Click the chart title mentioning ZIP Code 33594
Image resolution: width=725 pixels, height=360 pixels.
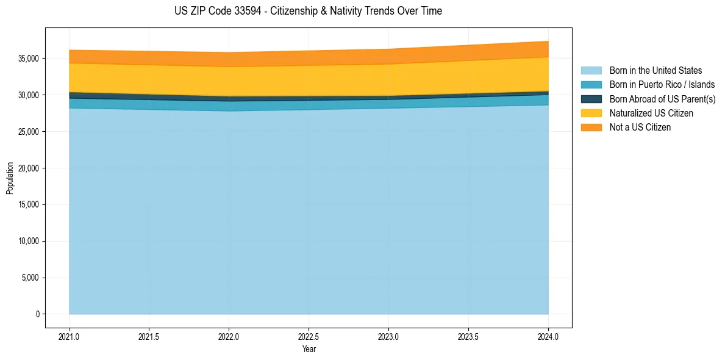point(308,11)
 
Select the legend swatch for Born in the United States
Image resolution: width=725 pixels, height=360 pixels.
point(591,71)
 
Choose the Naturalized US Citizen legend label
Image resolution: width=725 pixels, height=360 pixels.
point(651,113)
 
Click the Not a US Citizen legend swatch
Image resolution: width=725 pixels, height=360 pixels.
point(591,127)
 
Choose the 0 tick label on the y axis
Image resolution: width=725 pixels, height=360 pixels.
point(37,314)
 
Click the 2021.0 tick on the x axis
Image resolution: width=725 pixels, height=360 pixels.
point(69,336)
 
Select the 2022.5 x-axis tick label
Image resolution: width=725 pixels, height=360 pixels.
point(309,336)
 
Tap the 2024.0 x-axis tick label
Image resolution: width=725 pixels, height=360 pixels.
point(548,336)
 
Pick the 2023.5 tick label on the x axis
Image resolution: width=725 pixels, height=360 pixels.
point(468,336)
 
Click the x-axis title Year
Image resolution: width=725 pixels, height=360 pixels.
point(309,349)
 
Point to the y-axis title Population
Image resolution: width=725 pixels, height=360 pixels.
point(10,178)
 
